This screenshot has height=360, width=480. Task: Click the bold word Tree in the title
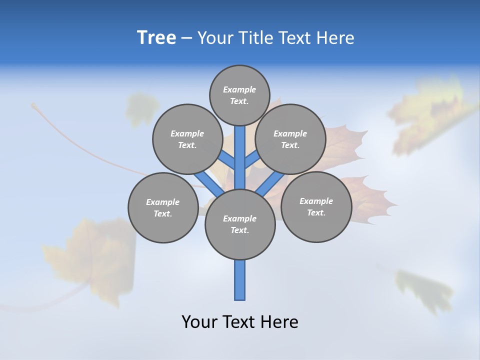156,38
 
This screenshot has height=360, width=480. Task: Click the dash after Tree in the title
186,38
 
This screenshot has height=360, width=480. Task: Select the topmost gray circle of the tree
239,95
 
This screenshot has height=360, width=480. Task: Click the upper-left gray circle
187,139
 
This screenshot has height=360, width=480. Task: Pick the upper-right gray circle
290,139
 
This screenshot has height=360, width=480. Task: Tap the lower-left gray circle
163,207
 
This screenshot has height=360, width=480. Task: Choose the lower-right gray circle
316,206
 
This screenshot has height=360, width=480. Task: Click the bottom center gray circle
240,224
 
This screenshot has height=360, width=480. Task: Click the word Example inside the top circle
239,89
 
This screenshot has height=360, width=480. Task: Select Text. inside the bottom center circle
239,230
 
